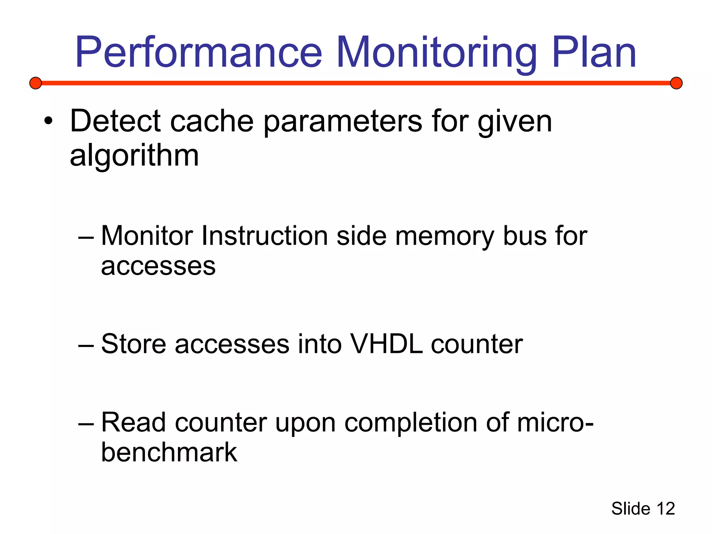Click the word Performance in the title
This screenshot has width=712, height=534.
pos(199,53)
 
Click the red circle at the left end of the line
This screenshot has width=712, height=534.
pos(35,83)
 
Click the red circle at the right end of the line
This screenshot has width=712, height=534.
pos(676,83)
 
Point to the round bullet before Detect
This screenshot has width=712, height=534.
pos(48,121)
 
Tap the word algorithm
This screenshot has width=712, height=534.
pos(134,155)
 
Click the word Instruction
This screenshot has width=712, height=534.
pos(265,236)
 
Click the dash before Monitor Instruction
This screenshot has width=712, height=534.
pos(86,237)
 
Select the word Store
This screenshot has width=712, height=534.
pos(133,344)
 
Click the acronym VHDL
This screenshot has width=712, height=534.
pos(386,344)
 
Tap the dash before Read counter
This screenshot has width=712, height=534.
pos(86,424)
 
